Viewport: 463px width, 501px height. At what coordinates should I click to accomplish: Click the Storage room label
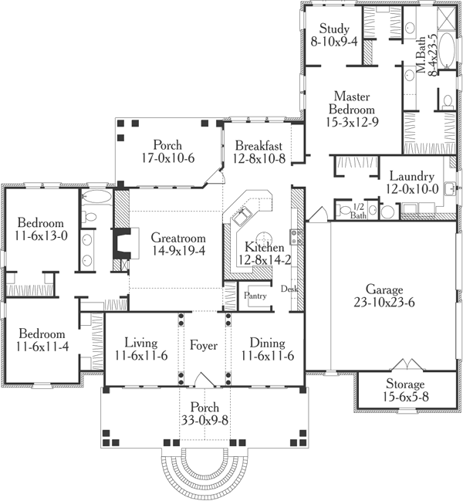click(394, 384)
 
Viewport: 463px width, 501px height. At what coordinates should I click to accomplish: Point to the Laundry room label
click(413, 174)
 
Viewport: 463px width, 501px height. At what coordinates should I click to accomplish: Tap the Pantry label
click(255, 296)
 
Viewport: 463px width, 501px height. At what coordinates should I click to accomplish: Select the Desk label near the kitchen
click(289, 289)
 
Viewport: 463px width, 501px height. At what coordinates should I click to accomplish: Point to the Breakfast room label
click(259, 145)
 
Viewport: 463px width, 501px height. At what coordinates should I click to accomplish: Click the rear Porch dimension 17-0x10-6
click(167, 157)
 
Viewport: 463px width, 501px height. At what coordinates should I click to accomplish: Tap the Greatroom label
click(178, 237)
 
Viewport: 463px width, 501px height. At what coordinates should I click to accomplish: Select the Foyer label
click(204, 344)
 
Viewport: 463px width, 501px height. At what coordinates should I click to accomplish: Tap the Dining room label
click(267, 343)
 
